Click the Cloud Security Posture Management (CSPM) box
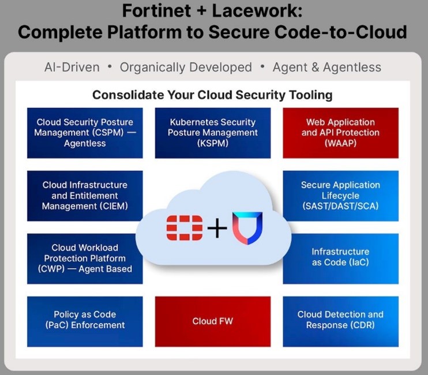click(85, 133)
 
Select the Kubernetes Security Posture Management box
click(212, 133)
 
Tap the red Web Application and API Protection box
click(340, 133)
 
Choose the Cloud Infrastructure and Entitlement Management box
click(85, 196)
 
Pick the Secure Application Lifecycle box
click(340, 196)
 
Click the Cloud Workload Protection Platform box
click(85, 258)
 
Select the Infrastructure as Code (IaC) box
click(340, 258)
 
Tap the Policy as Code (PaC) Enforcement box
click(85, 320)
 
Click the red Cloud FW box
click(212, 321)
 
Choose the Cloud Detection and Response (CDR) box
click(340, 320)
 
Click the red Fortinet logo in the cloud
click(185, 227)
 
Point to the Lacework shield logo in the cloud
click(247, 227)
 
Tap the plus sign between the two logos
click(217, 228)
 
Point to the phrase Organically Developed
click(186, 67)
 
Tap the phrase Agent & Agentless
click(326, 67)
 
